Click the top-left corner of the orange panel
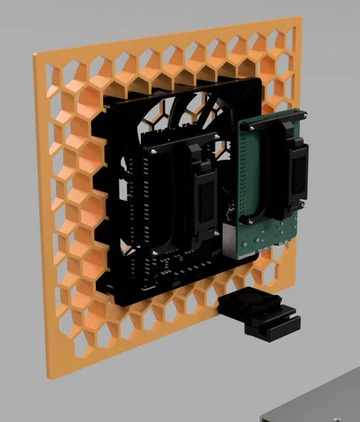(x=34, y=56)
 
